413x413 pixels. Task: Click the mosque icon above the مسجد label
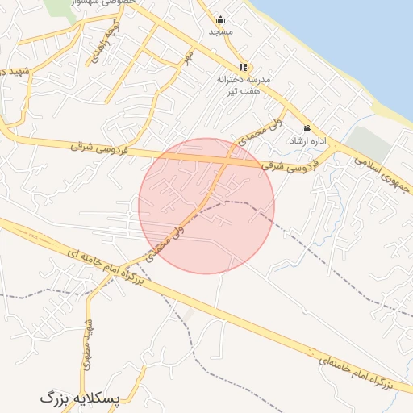(x=221, y=20)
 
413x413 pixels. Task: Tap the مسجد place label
(x=220, y=31)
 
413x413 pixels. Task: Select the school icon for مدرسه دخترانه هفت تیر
(x=243, y=68)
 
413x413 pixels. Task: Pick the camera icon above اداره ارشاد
(x=307, y=128)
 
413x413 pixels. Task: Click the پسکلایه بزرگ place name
(x=78, y=398)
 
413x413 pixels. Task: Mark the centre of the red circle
(x=206, y=206)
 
